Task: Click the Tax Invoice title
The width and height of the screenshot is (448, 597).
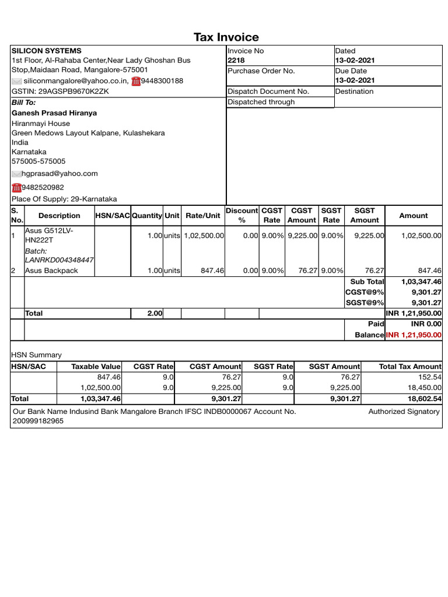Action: [x=226, y=37]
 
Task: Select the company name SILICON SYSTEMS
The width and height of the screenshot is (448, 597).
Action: [x=47, y=51]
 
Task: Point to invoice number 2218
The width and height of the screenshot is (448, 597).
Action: [x=236, y=60]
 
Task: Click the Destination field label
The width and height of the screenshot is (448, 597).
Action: [x=354, y=91]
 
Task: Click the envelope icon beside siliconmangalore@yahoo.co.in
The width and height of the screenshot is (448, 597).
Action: [x=16, y=81]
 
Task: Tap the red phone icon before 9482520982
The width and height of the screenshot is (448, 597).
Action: [x=16, y=187]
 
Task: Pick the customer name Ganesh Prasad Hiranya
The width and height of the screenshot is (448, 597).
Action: [x=54, y=113]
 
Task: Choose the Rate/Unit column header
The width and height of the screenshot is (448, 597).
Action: [x=202, y=216]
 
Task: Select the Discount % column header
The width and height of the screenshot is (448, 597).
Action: [x=242, y=215]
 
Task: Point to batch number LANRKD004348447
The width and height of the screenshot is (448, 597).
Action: [x=59, y=259]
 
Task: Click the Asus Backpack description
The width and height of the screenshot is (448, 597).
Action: [x=51, y=271]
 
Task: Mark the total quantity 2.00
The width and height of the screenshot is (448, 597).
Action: [x=155, y=313]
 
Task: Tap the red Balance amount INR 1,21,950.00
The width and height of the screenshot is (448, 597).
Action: [x=414, y=335]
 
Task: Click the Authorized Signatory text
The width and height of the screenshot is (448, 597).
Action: [x=404, y=411]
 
